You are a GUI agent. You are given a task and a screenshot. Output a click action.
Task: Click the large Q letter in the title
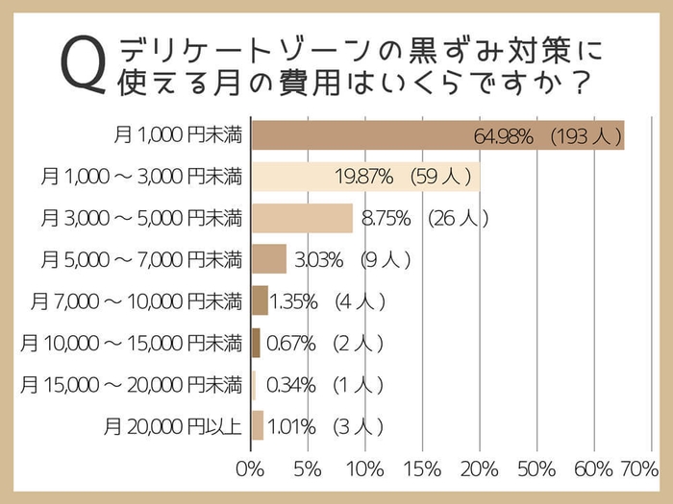coord(82,66)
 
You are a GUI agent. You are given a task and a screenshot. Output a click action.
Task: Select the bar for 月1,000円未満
coord(437,135)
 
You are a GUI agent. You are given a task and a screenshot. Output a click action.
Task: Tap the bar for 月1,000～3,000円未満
coord(365,177)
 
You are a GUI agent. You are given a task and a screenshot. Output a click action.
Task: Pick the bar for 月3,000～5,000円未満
coord(302,218)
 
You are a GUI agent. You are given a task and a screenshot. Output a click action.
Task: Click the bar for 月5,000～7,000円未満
coord(268,259)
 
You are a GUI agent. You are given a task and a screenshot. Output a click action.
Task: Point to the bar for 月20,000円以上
coord(257,424)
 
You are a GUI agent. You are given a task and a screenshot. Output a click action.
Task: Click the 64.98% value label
coord(503,136)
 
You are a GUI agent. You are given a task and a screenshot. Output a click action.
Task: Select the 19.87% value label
coord(363,177)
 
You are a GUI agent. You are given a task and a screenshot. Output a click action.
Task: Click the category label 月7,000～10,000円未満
coord(136,301)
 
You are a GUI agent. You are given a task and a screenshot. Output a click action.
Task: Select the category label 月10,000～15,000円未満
coord(131,343)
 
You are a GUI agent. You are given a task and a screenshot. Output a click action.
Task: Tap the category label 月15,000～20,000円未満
coord(131,384)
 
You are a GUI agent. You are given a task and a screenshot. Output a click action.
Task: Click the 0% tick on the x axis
coord(249,469)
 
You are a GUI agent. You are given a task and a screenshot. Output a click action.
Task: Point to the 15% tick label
coord(421,469)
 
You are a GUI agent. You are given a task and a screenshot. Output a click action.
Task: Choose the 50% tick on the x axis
coord(536,469)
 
